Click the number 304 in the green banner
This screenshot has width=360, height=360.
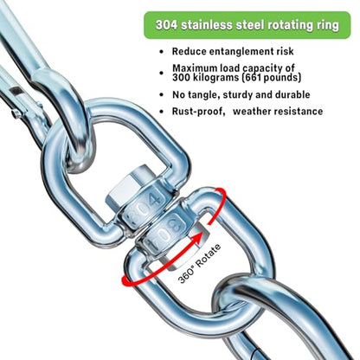pyautogui.click(x=166, y=25)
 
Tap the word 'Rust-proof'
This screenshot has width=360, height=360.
pyautogui.click(x=198, y=112)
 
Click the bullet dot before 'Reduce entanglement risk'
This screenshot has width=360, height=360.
pyautogui.click(x=161, y=52)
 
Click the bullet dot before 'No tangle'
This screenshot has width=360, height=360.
pyautogui.click(x=161, y=95)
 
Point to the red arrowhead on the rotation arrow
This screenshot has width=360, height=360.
pyautogui.click(x=199, y=238)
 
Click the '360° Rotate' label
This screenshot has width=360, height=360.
pyautogui.click(x=199, y=264)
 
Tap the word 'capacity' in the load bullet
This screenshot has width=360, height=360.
pyautogui.click(x=261, y=69)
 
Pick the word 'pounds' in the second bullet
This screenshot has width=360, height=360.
pyautogui.click(x=280, y=78)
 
